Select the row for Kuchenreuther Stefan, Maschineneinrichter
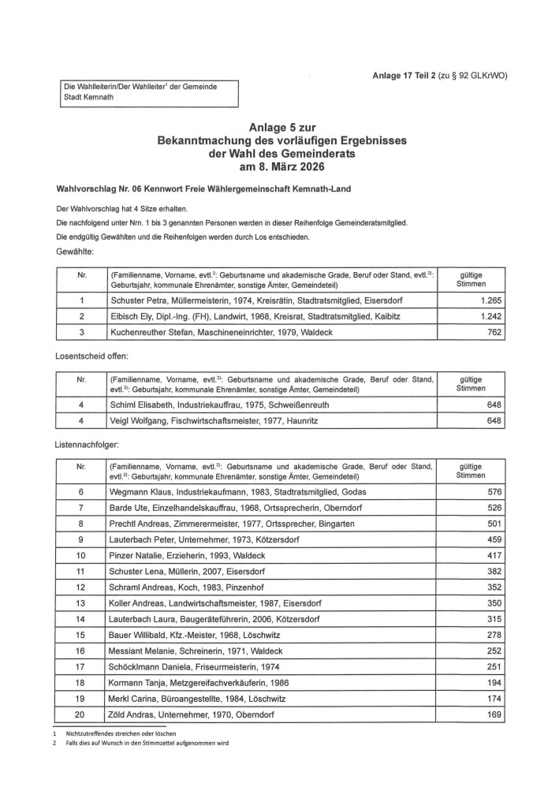coord(221,334)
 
